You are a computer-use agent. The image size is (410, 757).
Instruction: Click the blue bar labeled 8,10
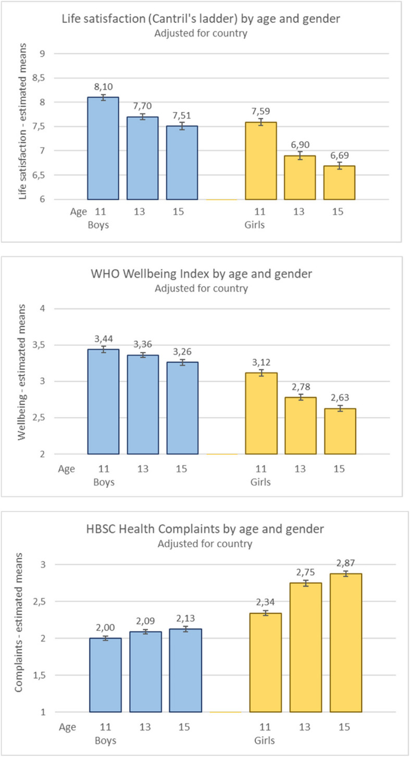(103, 148)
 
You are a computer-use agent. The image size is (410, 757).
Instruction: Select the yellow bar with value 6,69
(339, 183)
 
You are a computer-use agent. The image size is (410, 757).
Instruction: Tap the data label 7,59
(261, 111)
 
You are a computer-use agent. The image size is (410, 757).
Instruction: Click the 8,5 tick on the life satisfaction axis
(39, 78)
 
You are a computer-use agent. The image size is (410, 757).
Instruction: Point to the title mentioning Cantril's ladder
(201, 19)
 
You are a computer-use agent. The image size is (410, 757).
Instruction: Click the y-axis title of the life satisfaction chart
(22, 121)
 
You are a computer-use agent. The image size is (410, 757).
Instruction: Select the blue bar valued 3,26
(182, 408)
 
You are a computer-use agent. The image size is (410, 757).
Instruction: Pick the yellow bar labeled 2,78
(301, 426)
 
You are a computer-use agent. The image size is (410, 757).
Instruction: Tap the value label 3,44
(104, 339)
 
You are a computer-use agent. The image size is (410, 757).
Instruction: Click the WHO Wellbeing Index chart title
(201, 273)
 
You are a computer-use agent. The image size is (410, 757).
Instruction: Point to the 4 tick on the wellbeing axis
(42, 309)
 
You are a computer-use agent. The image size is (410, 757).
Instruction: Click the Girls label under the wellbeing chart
(260, 482)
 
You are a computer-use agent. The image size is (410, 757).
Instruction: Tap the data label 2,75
(305, 572)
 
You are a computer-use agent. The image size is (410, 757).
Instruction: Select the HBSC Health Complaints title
(205, 529)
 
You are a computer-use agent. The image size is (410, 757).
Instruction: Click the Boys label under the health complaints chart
(106, 740)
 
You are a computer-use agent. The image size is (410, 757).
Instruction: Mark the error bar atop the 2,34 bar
(266, 613)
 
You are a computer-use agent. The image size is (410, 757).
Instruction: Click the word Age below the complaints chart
(67, 727)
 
